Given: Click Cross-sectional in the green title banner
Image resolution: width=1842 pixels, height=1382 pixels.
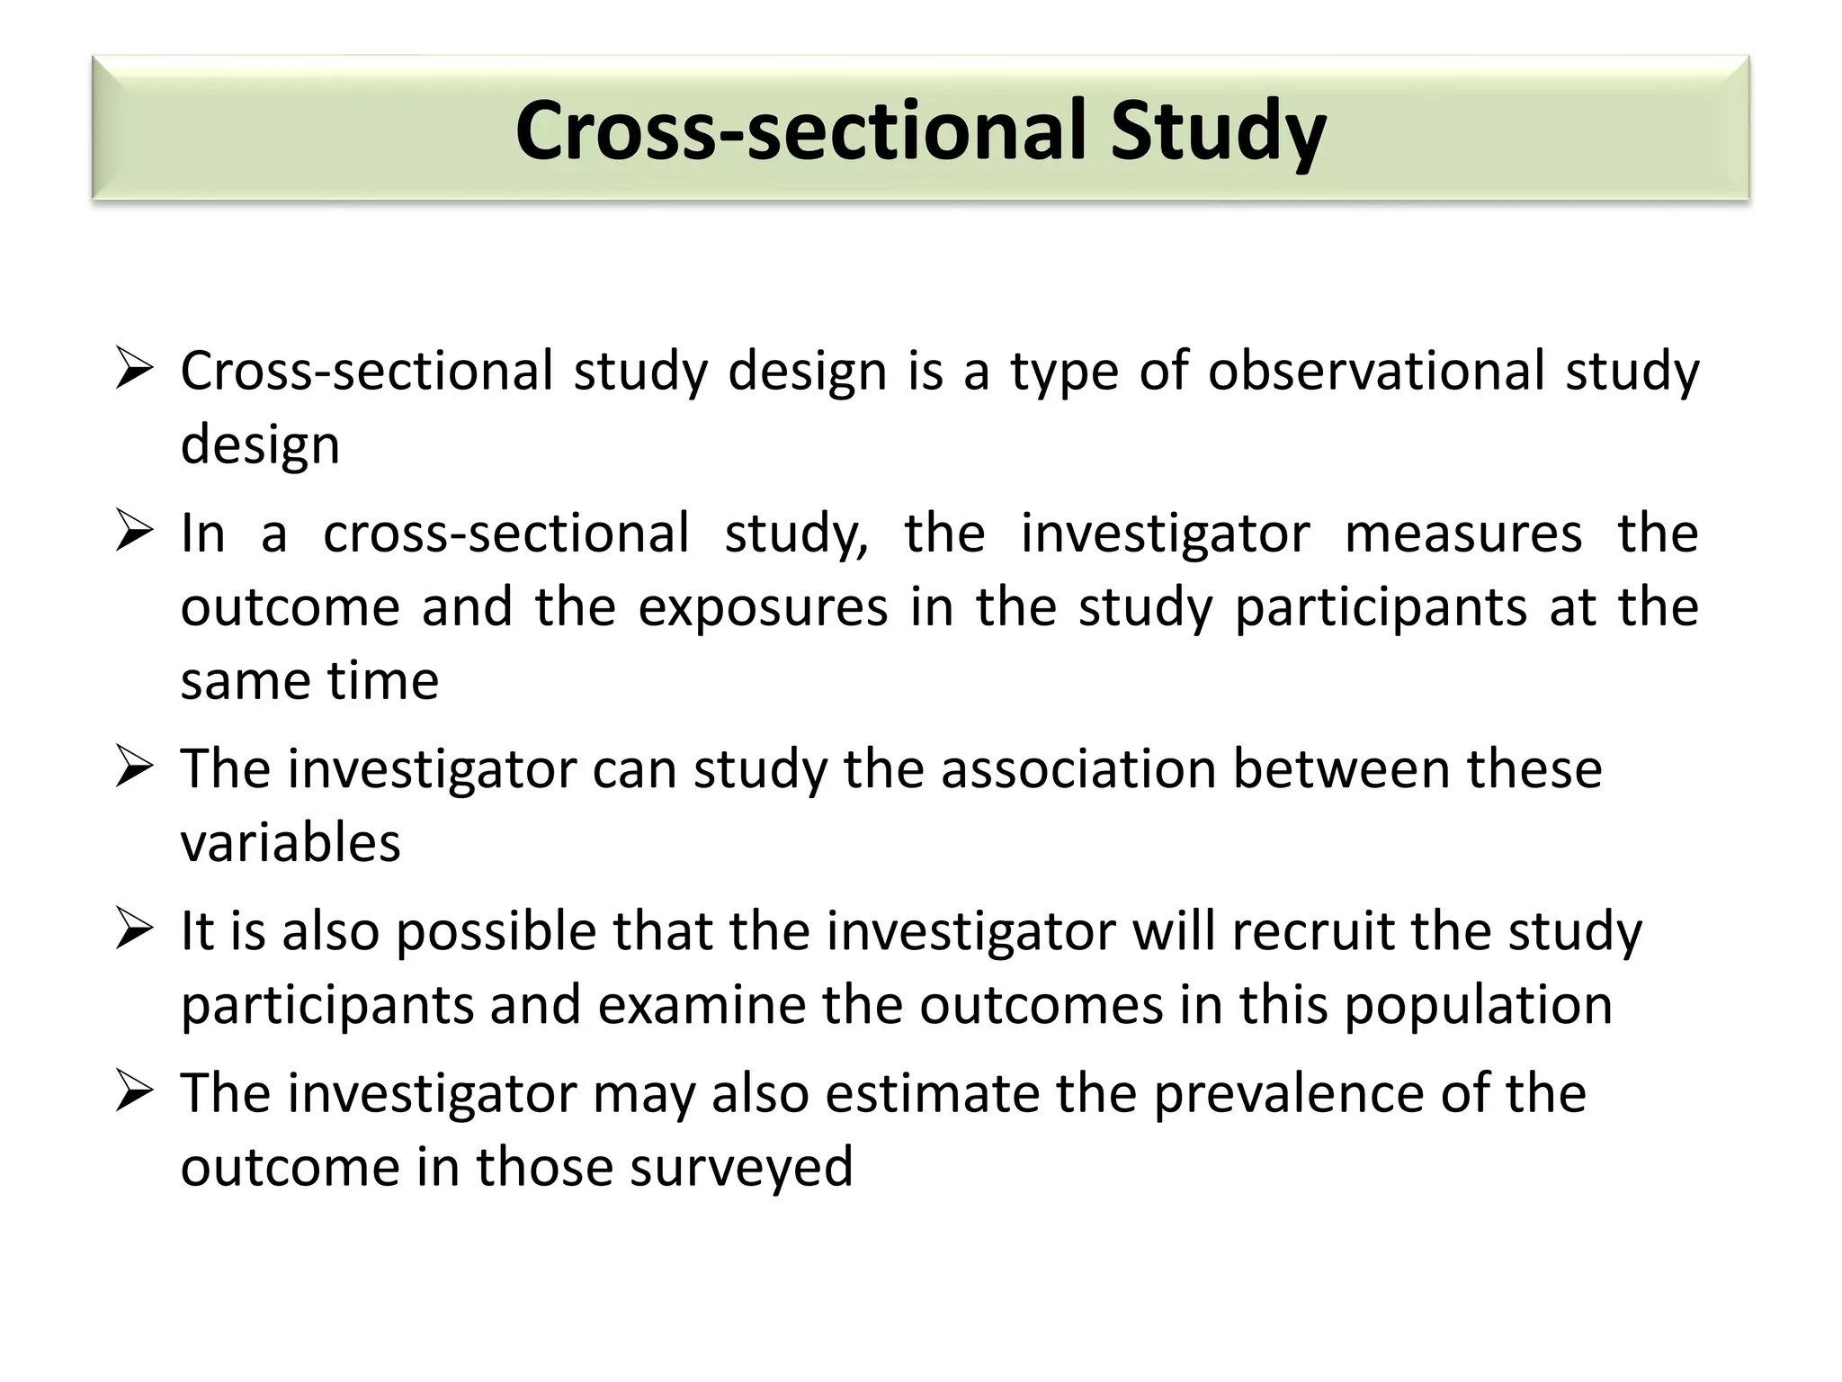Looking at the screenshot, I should [x=804, y=131].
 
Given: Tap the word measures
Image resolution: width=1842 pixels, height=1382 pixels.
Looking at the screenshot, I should [x=1462, y=534].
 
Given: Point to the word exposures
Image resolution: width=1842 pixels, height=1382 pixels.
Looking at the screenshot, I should [x=763, y=607].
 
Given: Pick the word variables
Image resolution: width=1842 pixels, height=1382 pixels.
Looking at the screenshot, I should [x=290, y=844].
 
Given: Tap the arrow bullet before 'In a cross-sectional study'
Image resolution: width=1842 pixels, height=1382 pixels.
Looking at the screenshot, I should [x=134, y=532].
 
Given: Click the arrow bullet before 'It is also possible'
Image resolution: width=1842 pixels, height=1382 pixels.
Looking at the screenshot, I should [x=134, y=930].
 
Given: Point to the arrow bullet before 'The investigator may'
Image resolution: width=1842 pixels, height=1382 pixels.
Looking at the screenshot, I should [x=134, y=1092].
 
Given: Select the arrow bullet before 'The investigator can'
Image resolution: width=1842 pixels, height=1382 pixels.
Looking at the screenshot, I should [x=134, y=768].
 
